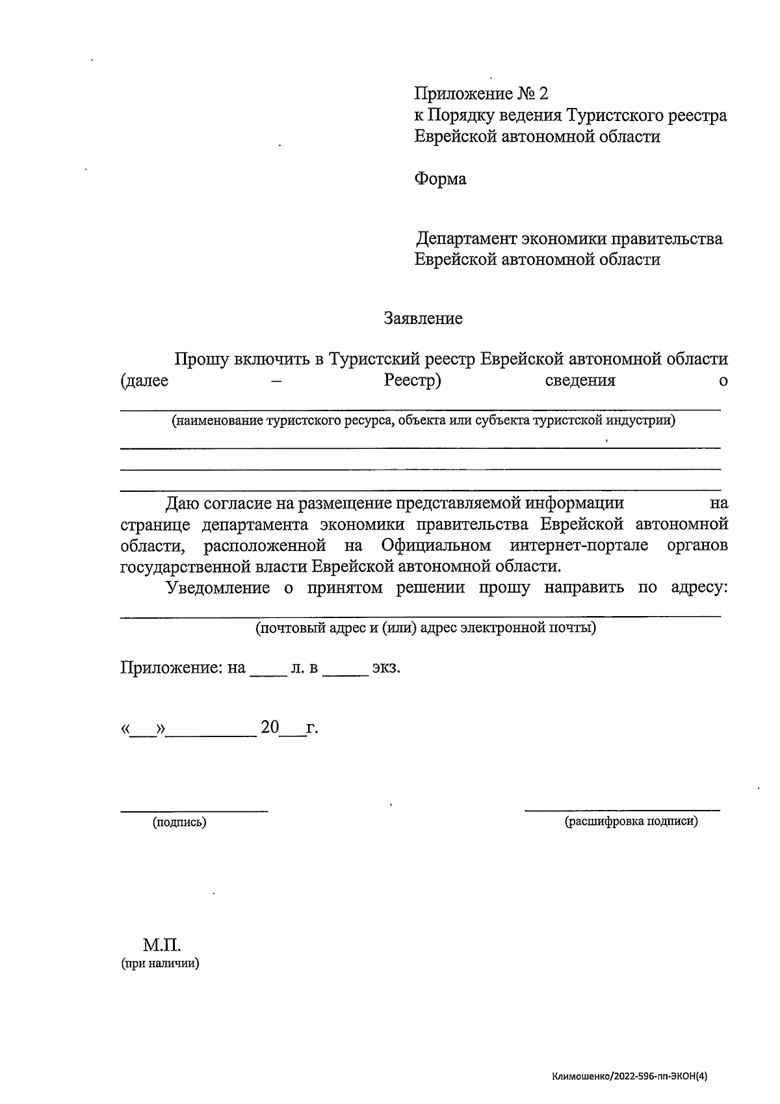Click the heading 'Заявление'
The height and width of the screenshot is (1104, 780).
click(423, 319)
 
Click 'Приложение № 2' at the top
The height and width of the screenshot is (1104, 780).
click(481, 94)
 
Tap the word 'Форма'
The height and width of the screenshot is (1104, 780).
click(440, 179)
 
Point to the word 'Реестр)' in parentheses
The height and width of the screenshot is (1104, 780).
click(413, 381)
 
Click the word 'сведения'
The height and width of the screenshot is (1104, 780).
click(580, 381)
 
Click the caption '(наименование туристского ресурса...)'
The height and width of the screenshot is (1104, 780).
click(423, 421)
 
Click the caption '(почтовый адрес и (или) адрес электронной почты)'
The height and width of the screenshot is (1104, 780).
click(426, 628)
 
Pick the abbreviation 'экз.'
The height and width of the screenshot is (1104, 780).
click(385, 668)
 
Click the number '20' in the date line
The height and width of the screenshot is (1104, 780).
click(270, 727)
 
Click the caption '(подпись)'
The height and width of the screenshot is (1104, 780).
click(179, 822)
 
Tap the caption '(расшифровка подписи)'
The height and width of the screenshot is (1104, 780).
click(631, 822)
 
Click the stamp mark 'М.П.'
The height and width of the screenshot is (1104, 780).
click(162, 945)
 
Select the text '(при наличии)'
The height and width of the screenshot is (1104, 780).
click(160, 964)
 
